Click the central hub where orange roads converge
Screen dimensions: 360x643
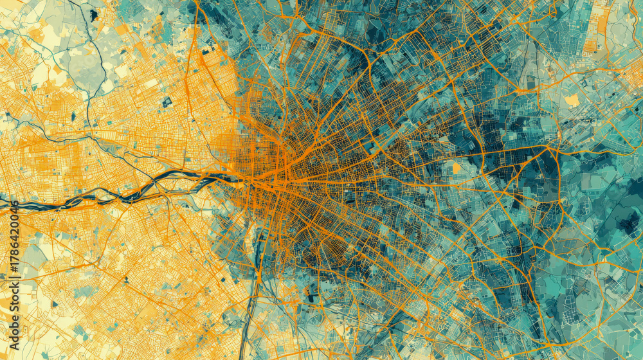coord(283,174)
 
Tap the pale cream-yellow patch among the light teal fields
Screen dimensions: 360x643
coord(572,100)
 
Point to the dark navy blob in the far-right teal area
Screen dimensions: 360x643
coord(627,222)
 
